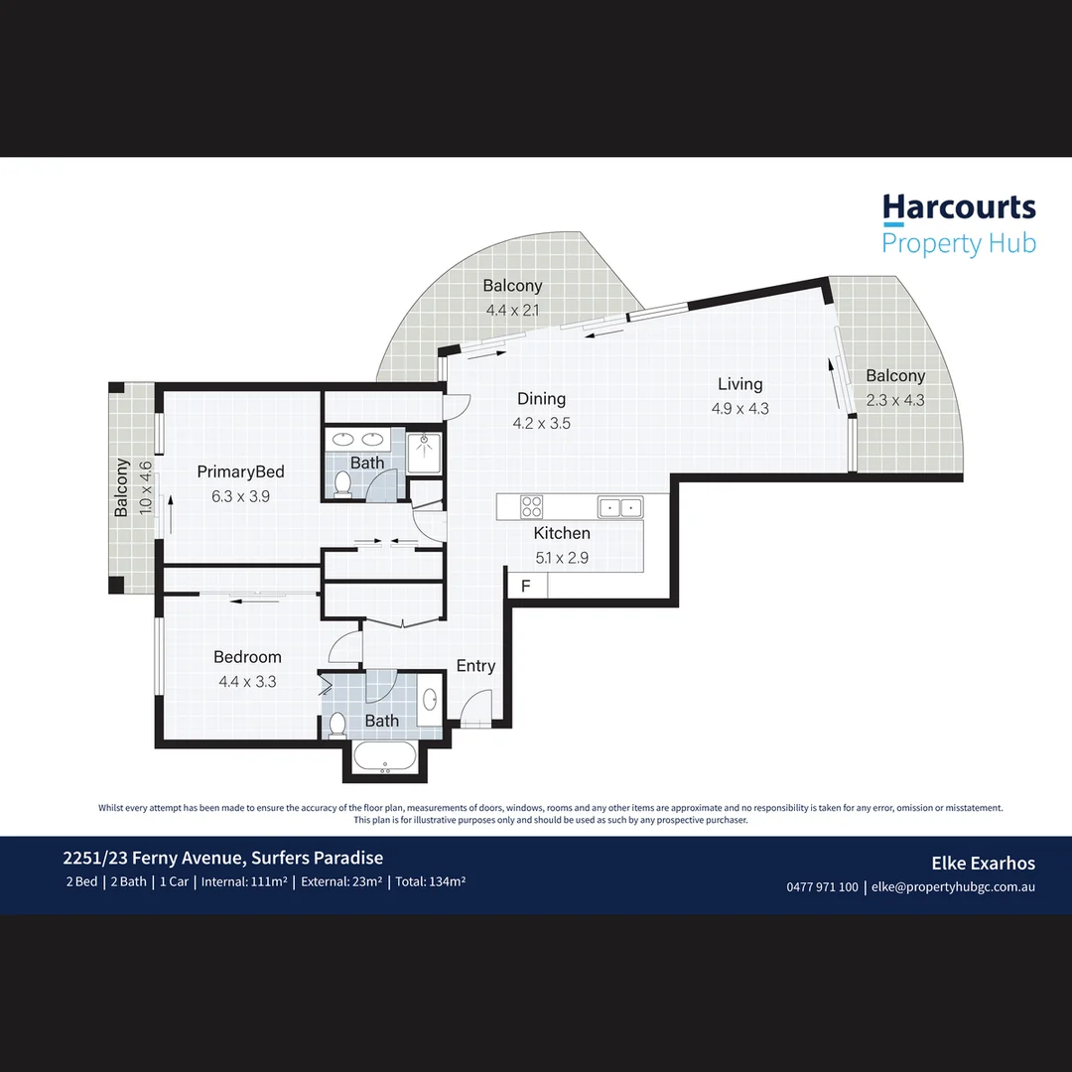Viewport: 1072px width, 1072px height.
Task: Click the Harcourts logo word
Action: (x=959, y=208)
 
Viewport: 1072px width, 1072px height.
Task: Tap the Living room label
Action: (x=740, y=384)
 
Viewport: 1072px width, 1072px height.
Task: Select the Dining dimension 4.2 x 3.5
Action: (x=541, y=423)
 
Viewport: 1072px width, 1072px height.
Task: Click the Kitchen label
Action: (x=562, y=533)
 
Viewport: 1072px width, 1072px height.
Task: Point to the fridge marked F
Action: (x=526, y=586)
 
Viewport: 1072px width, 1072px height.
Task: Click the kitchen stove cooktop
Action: (x=532, y=507)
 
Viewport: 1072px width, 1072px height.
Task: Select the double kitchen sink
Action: (x=620, y=507)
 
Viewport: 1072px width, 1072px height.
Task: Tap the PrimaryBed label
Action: (x=240, y=471)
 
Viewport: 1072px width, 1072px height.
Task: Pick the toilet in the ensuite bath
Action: (x=343, y=482)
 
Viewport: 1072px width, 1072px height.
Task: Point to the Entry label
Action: (x=475, y=666)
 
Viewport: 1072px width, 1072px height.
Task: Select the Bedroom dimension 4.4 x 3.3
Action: (x=247, y=682)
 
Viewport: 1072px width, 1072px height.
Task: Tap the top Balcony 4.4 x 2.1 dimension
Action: (x=513, y=310)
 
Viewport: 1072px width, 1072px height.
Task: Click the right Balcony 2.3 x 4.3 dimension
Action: (x=895, y=400)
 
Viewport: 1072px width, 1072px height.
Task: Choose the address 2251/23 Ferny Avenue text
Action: (x=223, y=859)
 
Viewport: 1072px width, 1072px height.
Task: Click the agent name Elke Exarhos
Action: (x=982, y=864)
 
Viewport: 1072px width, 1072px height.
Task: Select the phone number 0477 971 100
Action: (x=822, y=887)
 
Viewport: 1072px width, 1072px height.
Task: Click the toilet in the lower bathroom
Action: (x=337, y=725)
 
